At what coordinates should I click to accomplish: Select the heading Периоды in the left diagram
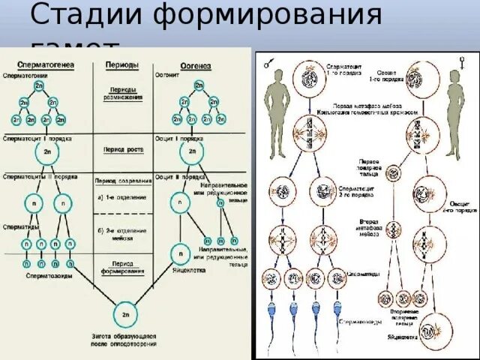click(x=121, y=65)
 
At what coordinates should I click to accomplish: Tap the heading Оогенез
click(x=196, y=66)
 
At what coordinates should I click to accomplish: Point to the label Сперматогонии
click(x=28, y=76)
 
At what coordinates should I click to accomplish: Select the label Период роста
click(x=121, y=150)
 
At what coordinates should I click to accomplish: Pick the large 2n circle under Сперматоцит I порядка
click(x=46, y=153)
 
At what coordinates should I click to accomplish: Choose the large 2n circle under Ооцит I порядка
click(x=192, y=153)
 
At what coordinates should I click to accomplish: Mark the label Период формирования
click(x=121, y=267)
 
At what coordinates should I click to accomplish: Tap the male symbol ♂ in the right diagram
click(x=267, y=65)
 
